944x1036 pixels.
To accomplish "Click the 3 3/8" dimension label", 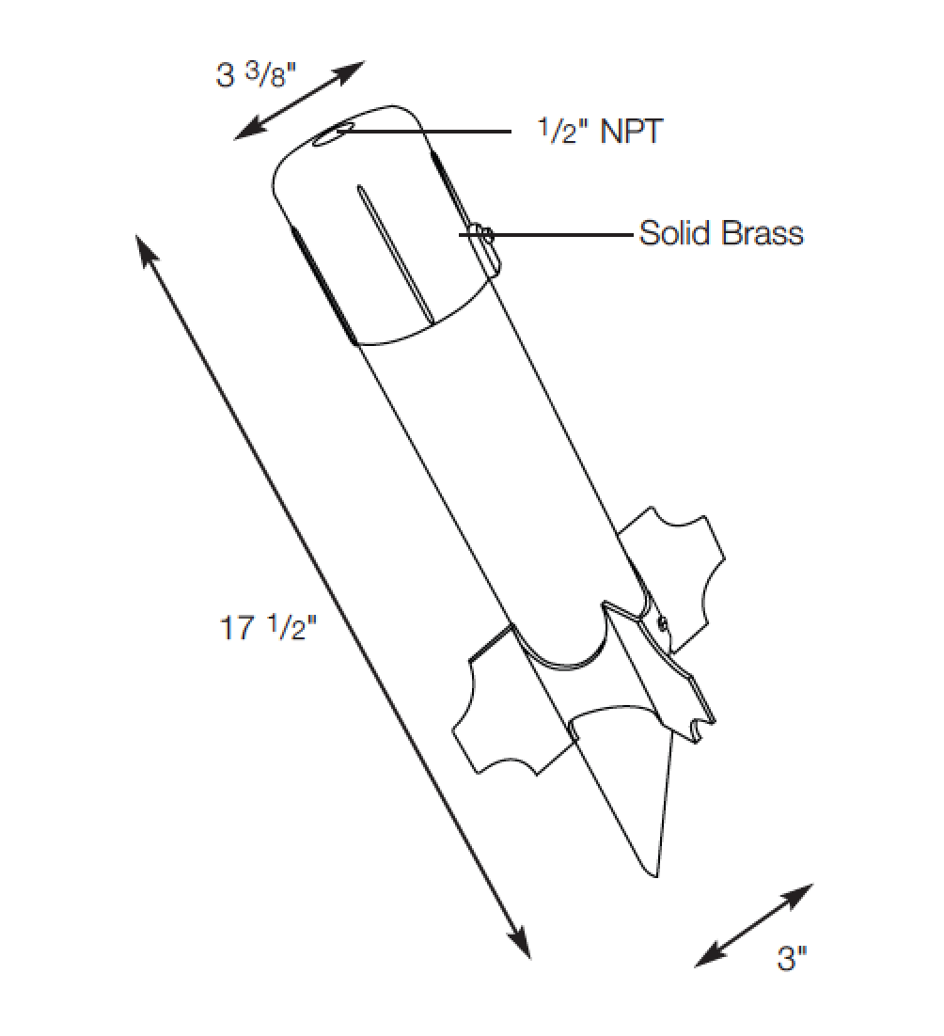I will [257, 74].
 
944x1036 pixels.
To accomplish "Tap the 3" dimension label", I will [792, 959].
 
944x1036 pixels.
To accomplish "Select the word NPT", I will [631, 132].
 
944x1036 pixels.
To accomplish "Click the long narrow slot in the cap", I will [394, 254].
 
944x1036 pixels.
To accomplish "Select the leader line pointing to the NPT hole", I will [433, 132].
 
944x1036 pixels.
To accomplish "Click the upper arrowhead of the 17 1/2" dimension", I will [146, 248].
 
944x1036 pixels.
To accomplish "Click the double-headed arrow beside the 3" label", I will [754, 925].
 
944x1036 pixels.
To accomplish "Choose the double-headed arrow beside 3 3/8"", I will [300, 100].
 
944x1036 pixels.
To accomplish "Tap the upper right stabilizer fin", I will [677, 564].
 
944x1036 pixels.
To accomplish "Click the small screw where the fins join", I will [662, 621].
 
